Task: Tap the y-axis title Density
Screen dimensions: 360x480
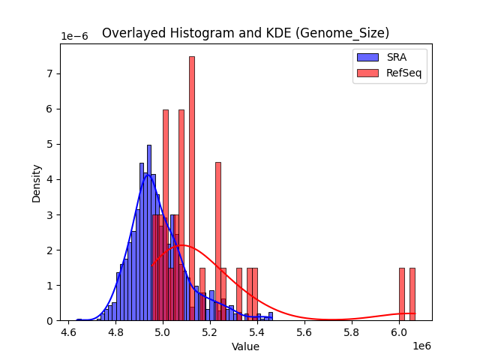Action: click(37, 182)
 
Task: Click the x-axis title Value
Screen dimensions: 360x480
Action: click(245, 347)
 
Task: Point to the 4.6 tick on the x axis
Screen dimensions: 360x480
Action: click(69, 331)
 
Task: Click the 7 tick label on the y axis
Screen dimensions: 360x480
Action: click(51, 73)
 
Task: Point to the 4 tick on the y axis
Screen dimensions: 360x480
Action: click(51, 179)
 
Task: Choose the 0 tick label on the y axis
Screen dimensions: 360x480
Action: click(51, 321)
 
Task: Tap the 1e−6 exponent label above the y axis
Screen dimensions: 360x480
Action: click(74, 37)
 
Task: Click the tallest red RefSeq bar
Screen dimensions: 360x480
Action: click(192, 187)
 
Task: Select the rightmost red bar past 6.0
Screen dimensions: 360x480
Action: click(412, 294)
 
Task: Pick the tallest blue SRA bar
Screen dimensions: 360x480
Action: click(149, 232)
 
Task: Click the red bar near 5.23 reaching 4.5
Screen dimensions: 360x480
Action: click(218, 240)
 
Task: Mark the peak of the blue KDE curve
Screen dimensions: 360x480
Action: click(148, 174)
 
